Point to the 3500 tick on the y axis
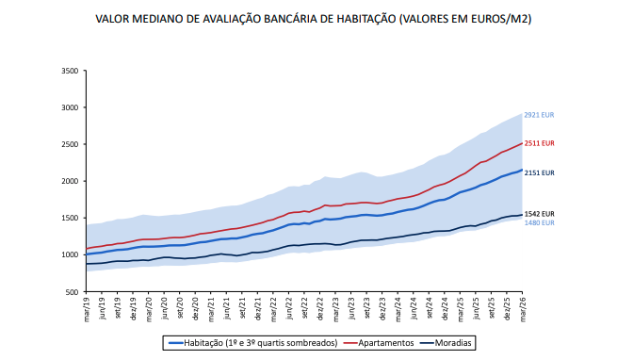(70, 71)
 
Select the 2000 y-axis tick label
(70, 181)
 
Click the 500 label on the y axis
(73, 291)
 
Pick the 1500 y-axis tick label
(70, 218)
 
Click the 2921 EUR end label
(539, 115)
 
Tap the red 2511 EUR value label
(539, 143)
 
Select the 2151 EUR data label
(539, 172)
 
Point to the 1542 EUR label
(539, 214)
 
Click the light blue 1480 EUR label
(539, 222)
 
